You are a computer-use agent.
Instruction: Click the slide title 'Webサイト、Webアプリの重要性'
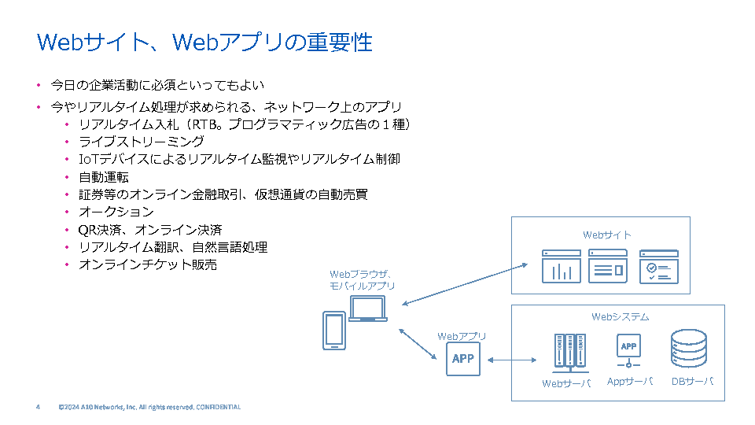click(x=205, y=42)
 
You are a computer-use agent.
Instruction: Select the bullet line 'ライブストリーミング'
click(x=142, y=142)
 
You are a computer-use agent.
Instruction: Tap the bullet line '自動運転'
click(x=104, y=177)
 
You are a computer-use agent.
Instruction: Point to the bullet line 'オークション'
click(x=116, y=212)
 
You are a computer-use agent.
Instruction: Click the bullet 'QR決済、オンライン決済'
click(x=150, y=230)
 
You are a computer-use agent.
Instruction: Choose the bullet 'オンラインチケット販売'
click(x=148, y=265)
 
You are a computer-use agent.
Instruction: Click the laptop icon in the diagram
click(x=367, y=309)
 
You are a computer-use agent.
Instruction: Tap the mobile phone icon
click(x=334, y=331)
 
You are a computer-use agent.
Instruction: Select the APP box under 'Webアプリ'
click(x=463, y=359)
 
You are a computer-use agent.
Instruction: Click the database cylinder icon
click(x=688, y=349)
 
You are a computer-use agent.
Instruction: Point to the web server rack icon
click(x=569, y=352)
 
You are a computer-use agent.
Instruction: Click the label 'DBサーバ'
click(x=692, y=382)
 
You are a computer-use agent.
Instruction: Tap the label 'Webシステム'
click(x=621, y=316)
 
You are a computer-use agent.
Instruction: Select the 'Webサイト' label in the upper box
click(x=606, y=235)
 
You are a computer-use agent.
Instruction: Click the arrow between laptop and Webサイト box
click(x=464, y=284)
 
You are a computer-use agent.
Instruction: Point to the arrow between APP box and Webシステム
click(x=510, y=360)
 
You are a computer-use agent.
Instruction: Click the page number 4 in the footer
click(x=38, y=407)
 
